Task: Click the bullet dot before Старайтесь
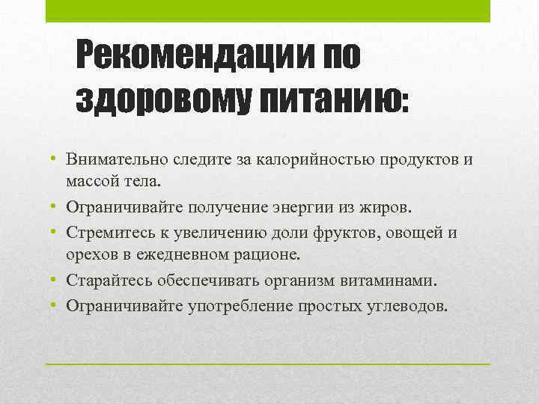[55, 280]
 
